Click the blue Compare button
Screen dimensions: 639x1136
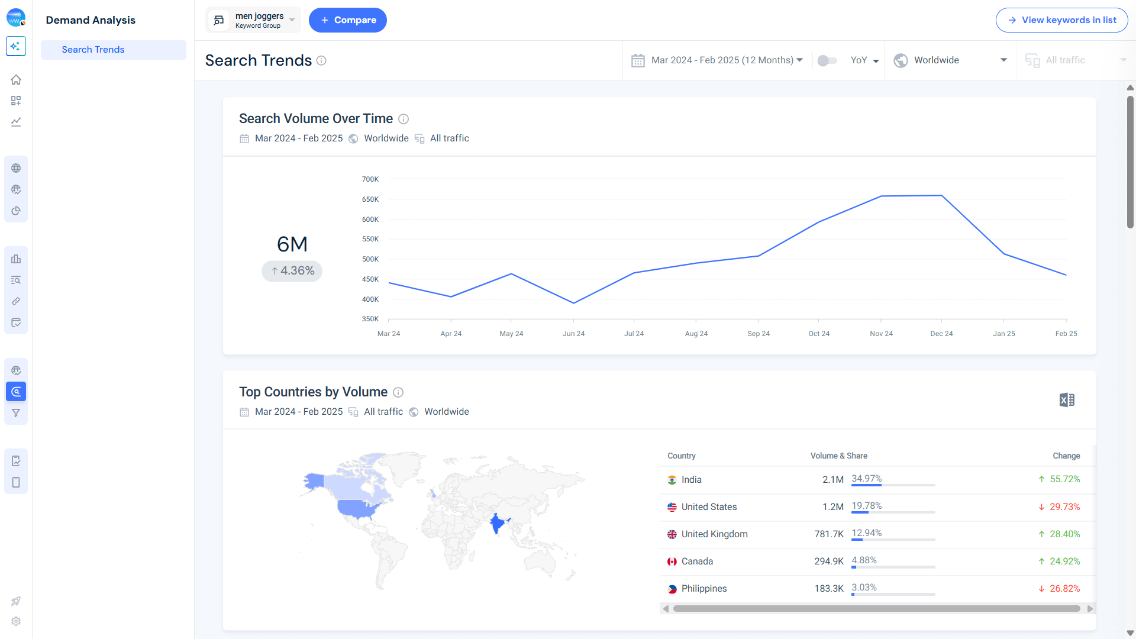(x=347, y=20)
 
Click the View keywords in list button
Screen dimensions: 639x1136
(x=1061, y=20)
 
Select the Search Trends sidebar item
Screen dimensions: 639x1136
(x=93, y=50)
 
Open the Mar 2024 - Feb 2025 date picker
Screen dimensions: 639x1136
(x=717, y=60)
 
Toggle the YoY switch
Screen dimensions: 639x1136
(x=827, y=60)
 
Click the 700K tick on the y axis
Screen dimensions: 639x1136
(x=370, y=179)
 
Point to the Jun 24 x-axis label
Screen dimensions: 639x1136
(x=573, y=334)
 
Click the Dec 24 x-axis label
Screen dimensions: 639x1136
(x=941, y=334)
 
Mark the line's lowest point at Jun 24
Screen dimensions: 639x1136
(x=573, y=303)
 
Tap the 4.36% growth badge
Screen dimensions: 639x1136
(x=292, y=271)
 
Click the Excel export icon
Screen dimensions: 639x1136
(x=1067, y=400)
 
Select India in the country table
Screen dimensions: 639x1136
(x=691, y=480)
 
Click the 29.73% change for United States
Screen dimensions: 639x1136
(x=1064, y=507)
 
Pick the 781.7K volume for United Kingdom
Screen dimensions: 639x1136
(x=828, y=534)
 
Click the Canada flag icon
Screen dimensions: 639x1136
(x=672, y=561)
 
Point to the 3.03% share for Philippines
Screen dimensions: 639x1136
(x=864, y=588)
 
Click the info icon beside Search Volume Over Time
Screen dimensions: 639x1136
(x=404, y=119)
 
